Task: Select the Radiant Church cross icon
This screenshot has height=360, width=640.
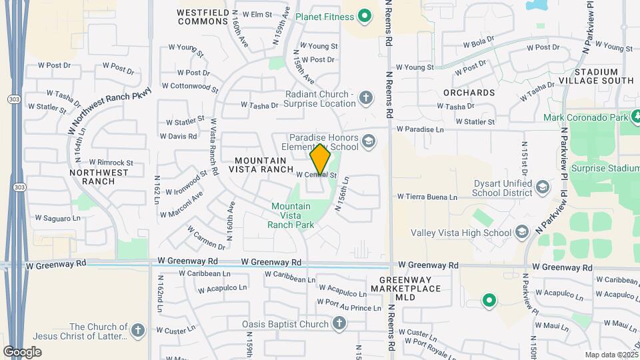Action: [365, 99]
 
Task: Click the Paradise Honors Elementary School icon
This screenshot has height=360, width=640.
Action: [369, 141]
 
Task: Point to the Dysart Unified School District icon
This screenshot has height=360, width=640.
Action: [542, 187]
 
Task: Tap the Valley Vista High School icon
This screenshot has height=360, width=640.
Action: [522, 233]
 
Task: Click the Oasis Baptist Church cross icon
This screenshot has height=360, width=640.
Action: [339, 324]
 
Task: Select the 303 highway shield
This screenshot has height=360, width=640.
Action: [14, 99]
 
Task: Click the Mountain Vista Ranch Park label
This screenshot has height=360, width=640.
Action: [291, 215]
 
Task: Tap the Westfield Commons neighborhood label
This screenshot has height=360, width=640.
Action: [203, 17]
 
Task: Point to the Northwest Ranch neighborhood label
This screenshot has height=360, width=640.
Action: [99, 177]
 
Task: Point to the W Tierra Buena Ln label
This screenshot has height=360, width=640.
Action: [427, 197]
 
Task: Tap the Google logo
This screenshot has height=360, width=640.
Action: [22, 351]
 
